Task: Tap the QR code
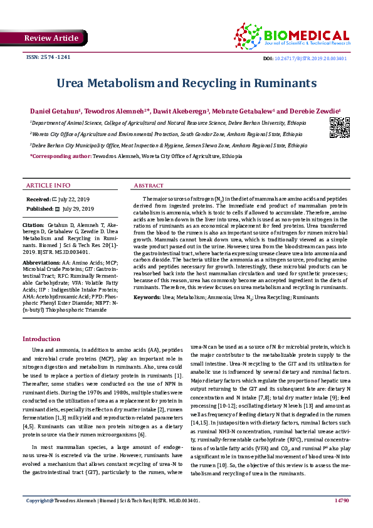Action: [x=339, y=129]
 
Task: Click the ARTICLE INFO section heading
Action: [x=48, y=186]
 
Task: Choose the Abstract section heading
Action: [x=149, y=186]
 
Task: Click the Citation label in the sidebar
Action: [x=33, y=224]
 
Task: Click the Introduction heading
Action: [x=41, y=339]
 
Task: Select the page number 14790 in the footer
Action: [x=342, y=519]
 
